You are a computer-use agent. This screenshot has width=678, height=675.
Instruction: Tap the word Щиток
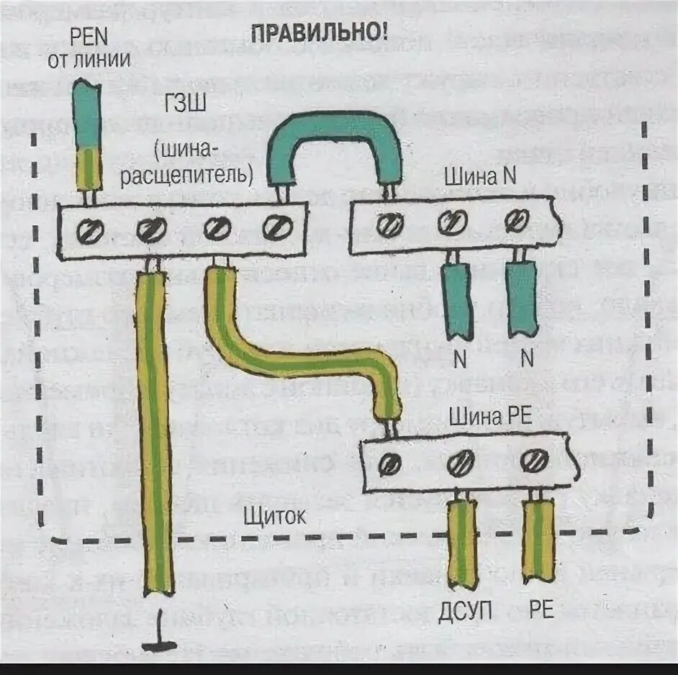coord(275,516)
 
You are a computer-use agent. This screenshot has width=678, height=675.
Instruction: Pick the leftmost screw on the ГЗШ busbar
coord(92,231)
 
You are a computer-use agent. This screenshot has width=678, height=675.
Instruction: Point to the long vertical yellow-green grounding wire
coord(153,432)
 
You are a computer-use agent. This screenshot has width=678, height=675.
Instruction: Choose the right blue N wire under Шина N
coord(521,299)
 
